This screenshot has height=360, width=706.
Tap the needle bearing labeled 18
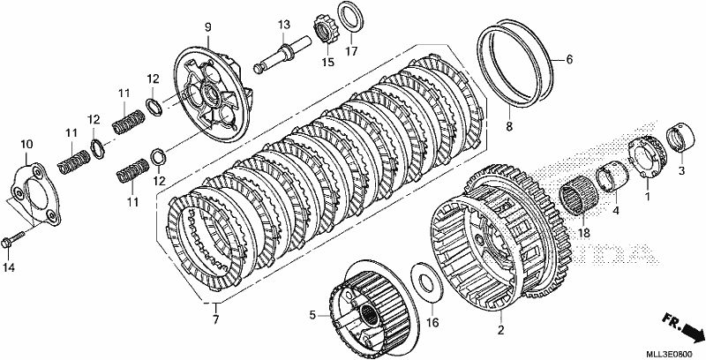point(579,196)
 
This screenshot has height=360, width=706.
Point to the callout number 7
point(215,320)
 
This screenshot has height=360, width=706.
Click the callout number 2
point(500,330)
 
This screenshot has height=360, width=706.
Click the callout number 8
point(509,127)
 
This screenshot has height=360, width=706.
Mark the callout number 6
point(569,59)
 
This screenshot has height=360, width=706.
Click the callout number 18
point(584,233)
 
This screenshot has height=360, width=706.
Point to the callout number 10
point(26,145)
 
